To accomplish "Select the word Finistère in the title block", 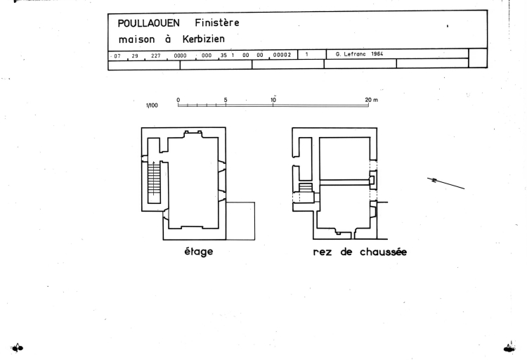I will [x=216, y=23].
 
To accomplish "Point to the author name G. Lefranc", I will [x=353, y=54].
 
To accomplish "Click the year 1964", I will [x=382, y=54].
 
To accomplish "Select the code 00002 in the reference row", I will [x=282, y=54].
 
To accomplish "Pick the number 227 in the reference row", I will [x=155, y=54].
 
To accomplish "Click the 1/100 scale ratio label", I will [x=151, y=105].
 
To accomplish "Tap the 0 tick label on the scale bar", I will [x=178, y=99].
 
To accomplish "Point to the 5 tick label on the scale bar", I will [x=226, y=99].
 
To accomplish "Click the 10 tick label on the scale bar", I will [x=273, y=99].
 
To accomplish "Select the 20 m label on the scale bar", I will [x=371, y=99].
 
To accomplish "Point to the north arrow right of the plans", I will [x=446, y=183].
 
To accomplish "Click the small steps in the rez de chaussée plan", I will [x=305, y=188].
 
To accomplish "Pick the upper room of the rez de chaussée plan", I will [x=344, y=158].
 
